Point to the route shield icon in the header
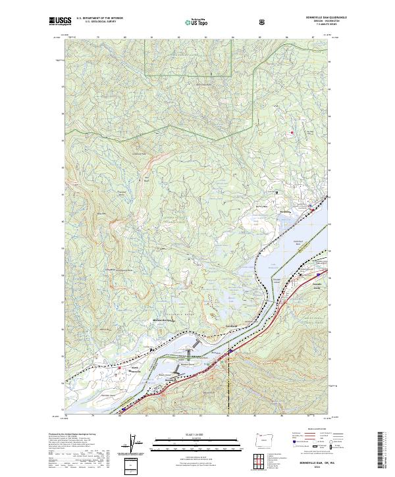(263, 22)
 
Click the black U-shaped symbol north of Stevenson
(276, 191)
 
